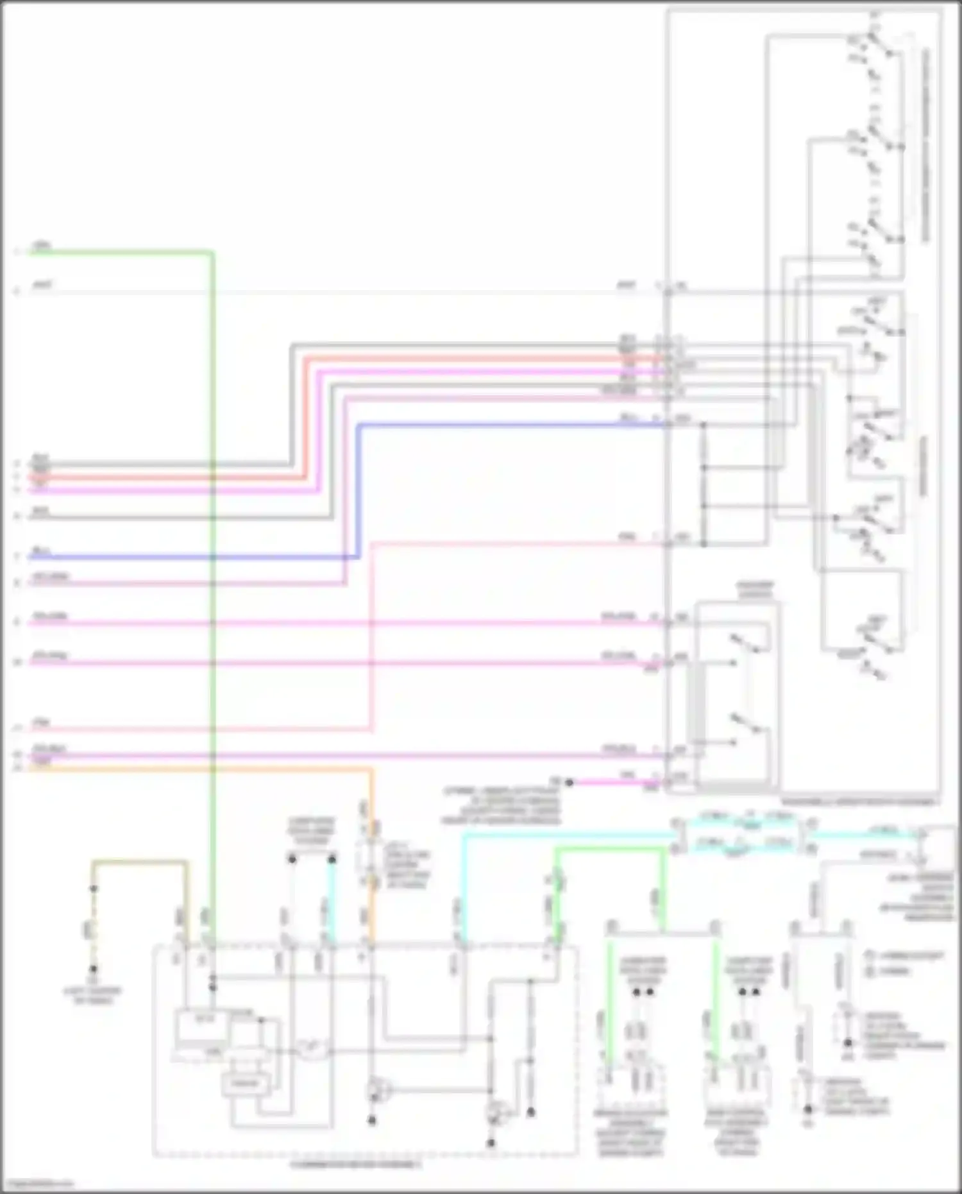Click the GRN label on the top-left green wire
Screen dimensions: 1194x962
coord(41,246)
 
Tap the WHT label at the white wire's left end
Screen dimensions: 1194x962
coord(42,285)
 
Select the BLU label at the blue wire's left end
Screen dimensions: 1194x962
coord(41,551)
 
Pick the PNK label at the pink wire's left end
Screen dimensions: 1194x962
coord(41,723)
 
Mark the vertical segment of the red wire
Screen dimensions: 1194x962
coord(306,417)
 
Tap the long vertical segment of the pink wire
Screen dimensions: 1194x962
coord(371,635)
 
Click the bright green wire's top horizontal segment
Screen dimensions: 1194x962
coord(609,850)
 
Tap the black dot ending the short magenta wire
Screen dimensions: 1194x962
coord(569,782)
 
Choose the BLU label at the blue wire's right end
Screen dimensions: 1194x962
coord(627,418)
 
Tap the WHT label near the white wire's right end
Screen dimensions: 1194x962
coord(627,285)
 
